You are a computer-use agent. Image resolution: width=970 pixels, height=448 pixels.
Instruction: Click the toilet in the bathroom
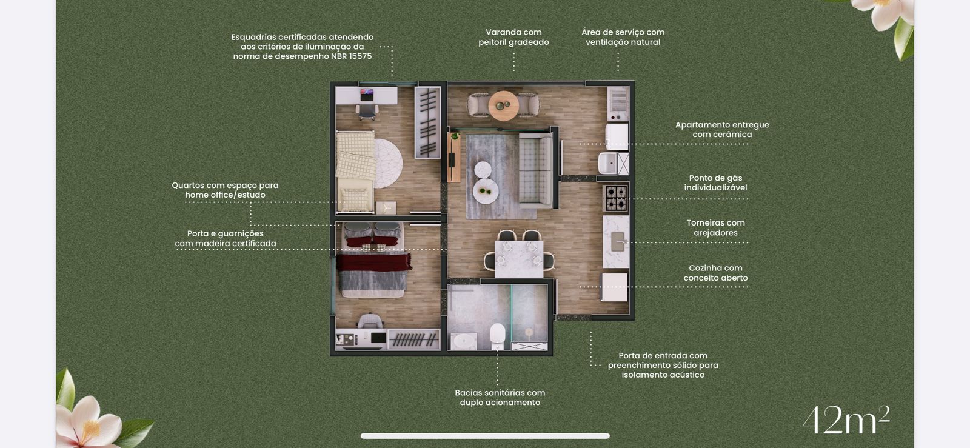(498, 336)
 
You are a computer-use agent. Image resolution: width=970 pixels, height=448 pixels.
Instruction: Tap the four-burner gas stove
(616, 198)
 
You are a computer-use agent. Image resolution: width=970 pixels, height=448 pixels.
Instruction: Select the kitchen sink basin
(618, 242)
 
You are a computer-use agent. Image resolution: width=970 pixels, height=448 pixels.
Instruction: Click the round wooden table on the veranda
(503, 105)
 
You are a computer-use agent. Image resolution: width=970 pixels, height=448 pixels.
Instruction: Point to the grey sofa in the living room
(536, 170)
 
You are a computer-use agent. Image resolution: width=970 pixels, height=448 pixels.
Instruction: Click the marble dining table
(519, 259)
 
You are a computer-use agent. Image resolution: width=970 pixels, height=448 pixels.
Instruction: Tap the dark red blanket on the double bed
(373, 262)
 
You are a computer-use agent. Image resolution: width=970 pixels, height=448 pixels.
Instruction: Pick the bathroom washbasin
(463, 341)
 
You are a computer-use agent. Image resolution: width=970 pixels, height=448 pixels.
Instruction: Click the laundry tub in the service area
(607, 163)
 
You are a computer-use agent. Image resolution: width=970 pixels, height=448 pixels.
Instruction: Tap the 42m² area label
(846, 420)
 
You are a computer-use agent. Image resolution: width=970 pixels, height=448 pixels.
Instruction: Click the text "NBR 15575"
(351, 56)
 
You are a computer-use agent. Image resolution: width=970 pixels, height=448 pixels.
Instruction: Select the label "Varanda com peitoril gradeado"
(513, 37)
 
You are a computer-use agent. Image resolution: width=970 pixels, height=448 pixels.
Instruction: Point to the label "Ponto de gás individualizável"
(715, 182)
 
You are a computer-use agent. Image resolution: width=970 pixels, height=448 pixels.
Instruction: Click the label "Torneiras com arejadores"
(715, 228)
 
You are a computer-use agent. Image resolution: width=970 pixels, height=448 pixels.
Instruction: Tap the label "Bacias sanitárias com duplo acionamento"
(500, 397)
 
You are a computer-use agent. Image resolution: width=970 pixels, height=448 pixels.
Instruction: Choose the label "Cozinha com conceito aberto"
(715, 273)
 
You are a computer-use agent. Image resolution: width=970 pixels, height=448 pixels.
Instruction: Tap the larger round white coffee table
(486, 190)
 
